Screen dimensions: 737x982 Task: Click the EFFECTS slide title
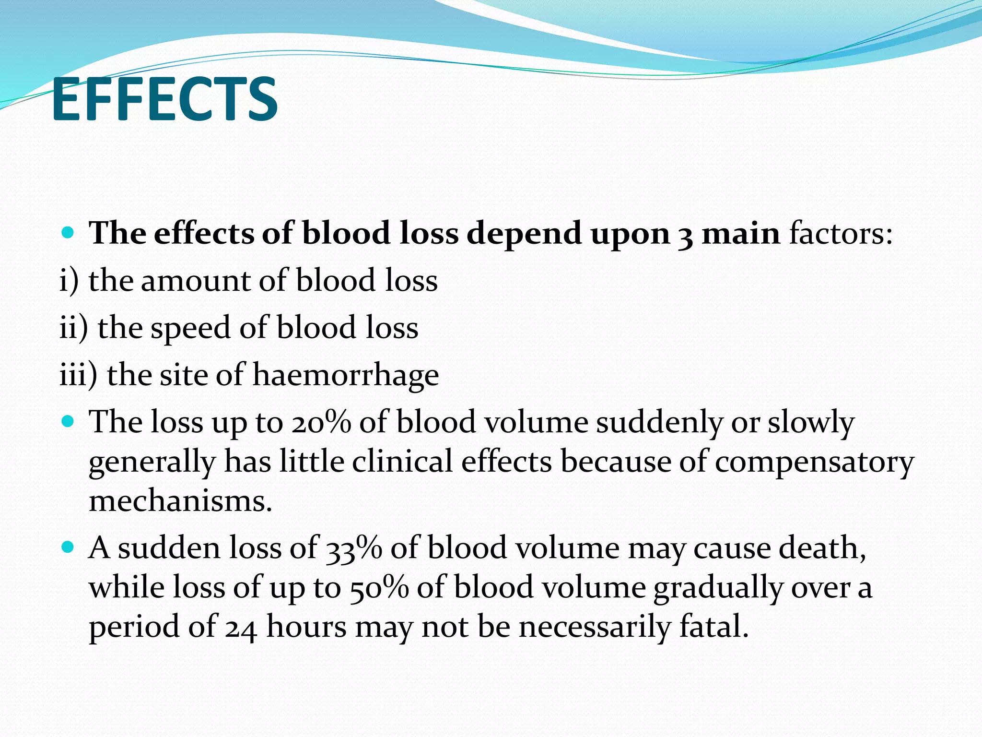[x=164, y=100]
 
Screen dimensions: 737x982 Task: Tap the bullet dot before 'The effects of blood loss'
[x=68, y=234]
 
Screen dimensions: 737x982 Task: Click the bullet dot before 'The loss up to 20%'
[x=68, y=422]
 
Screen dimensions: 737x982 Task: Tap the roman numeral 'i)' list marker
[x=69, y=281]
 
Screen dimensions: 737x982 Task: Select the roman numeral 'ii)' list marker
[x=73, y=328]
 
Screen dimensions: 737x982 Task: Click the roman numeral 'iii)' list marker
[x=78, y=375]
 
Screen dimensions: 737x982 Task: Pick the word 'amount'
[x=196, y=281]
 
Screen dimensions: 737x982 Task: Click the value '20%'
[x=321, y=423]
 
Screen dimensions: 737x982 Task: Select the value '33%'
[x=353, y=548]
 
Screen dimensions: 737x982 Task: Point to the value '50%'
[x=379, y=588]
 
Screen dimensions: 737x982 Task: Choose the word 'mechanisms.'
[x=180, y=501]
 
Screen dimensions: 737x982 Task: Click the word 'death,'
[x=822, y=548]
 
